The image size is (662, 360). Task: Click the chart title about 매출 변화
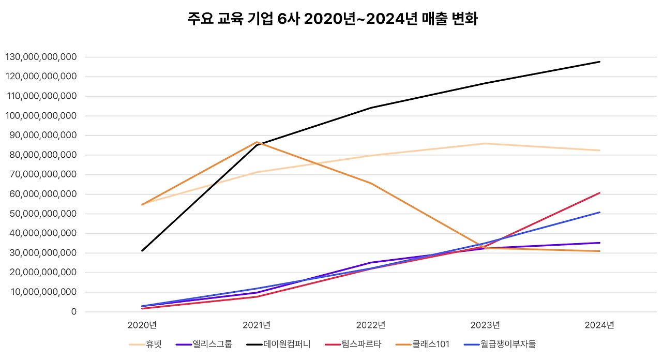pyautogui.click(x=332, y=20)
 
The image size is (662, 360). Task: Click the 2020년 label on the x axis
pyautogui.click(x=142, y=325)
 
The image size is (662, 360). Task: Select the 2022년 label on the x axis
pyautogui.click(x=371, y=325)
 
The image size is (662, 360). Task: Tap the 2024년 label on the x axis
pyautogui.click(x=599, y=325)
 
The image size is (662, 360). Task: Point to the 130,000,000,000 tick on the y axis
pyautogui.click(x=40, y=57)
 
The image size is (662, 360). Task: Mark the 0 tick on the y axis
pyautogui.click(x=74, y=312)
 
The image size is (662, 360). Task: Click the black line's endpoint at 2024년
pyautogui.click(x=599, y=62)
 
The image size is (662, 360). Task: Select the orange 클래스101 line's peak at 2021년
pyautogui.click(x=257, y=142)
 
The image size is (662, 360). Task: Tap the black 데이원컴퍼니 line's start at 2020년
pyautogui.click(x=142, y=251)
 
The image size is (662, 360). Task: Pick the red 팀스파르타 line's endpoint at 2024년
pyautogui.click(x=599, y=193)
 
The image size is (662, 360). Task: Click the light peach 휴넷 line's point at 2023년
pyautogui.click(x=485, y=143)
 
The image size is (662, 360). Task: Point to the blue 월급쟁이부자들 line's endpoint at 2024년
pyautogui.click(x=599, y=212)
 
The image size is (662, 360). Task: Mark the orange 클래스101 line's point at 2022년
pyautogui.click(x=371, y=184)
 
